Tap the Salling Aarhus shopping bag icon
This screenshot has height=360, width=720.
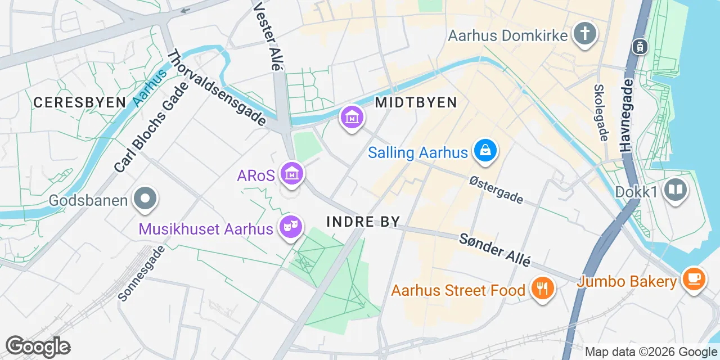click(x=485, y=151)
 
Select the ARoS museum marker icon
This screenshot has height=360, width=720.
click(x=292, y=175)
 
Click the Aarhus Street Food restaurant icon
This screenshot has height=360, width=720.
click(x=542, y=290)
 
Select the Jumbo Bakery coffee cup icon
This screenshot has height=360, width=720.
click(x=693, y=280)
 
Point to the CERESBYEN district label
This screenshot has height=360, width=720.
click(x=79, y=102)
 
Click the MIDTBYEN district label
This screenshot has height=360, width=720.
click(x=416, y=102)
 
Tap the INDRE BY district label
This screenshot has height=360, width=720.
click(x=363, y=222)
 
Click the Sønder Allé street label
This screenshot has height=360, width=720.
click(x=495, y=249)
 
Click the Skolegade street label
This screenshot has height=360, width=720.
click(x=601, y=112)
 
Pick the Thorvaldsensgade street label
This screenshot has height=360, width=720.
click(x=217, y=89)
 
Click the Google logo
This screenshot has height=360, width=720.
click(x=38, y=346)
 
